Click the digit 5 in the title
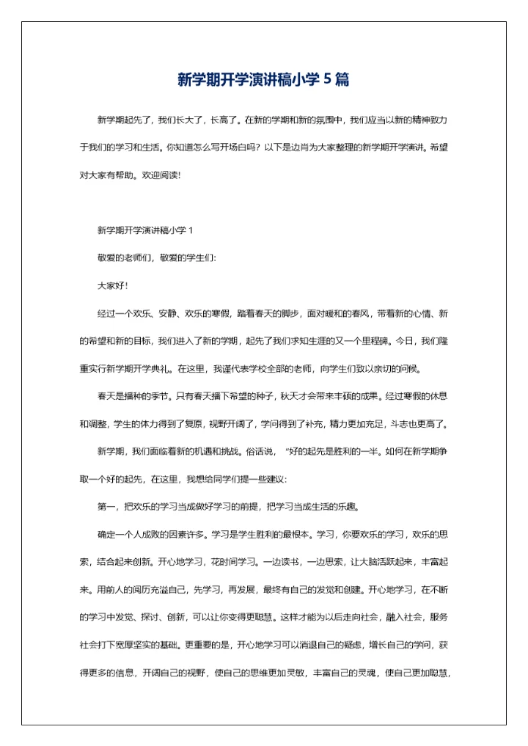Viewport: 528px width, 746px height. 327,79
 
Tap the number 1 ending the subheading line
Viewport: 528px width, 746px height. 191,230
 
